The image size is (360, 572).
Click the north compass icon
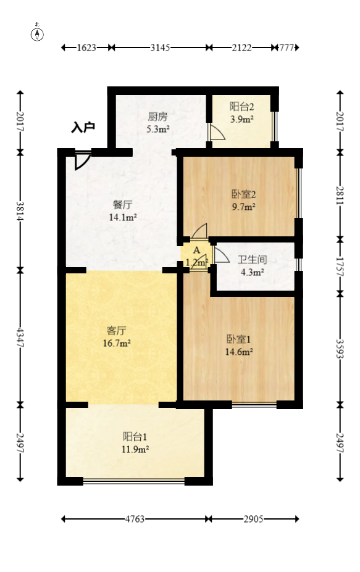(x=38, y=34)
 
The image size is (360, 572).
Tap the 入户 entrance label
(x=83, y=128)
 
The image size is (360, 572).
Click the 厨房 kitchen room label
(x=157, y=116)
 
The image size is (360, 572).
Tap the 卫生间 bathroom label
(x=252, y=260)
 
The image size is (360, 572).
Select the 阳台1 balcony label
(x=135, y=436)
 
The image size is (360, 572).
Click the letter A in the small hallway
(x=196, y=251)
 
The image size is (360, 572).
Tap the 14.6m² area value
(x=240, y=352)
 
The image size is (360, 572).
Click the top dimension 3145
(x=161, y=48)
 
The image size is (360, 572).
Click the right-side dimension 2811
(x=340, y=194)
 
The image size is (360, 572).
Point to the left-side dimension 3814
(x=20, y=211)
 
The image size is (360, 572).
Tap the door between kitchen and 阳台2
(x=216, y=134)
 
